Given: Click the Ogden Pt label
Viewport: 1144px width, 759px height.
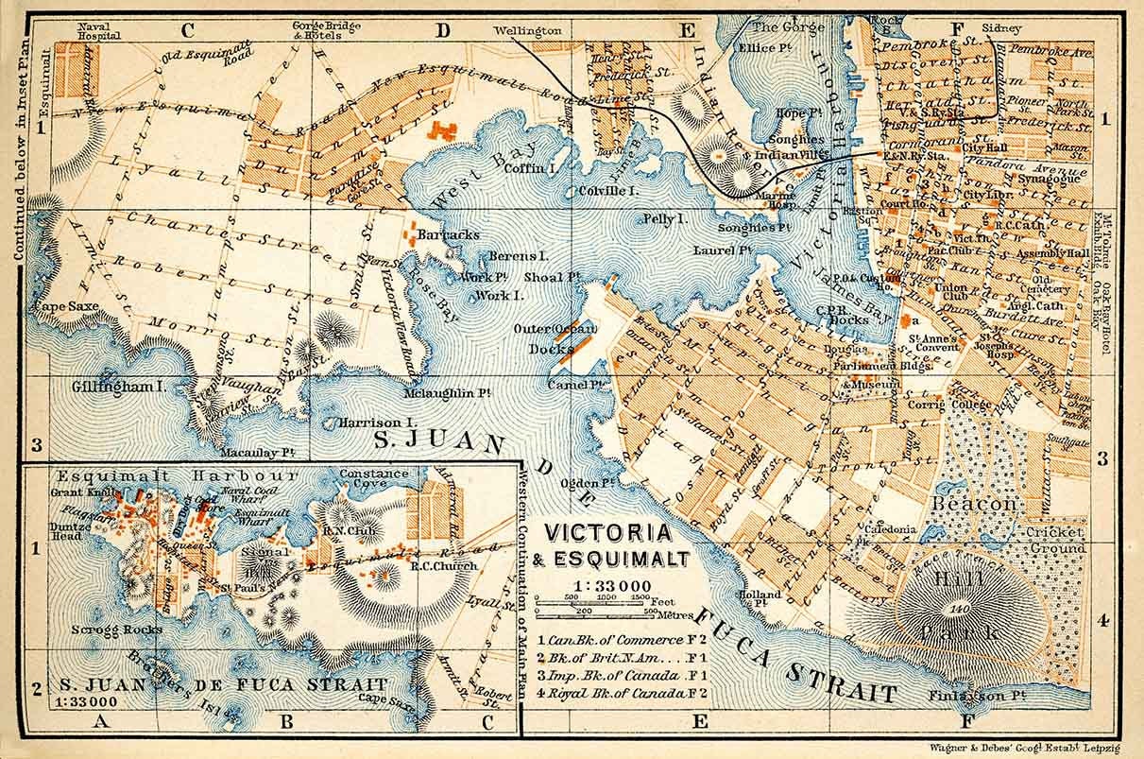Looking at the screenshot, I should pyautogui.click(x=589, y=483).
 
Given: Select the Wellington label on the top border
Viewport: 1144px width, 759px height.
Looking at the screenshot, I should pyautogui.click(x=527, y=30).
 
